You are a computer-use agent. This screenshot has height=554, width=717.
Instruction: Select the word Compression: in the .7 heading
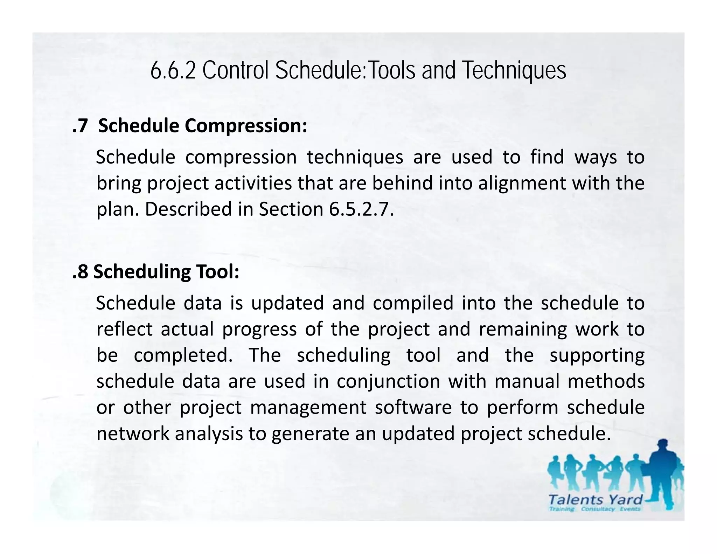pos(246,126)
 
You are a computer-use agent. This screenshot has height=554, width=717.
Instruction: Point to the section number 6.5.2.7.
pos(361,209)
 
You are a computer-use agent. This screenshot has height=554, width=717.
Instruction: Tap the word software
pos(413,408)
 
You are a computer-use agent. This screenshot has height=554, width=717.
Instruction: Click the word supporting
pos(597,356)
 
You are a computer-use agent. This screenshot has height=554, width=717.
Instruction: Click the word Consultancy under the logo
pos(598,509)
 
